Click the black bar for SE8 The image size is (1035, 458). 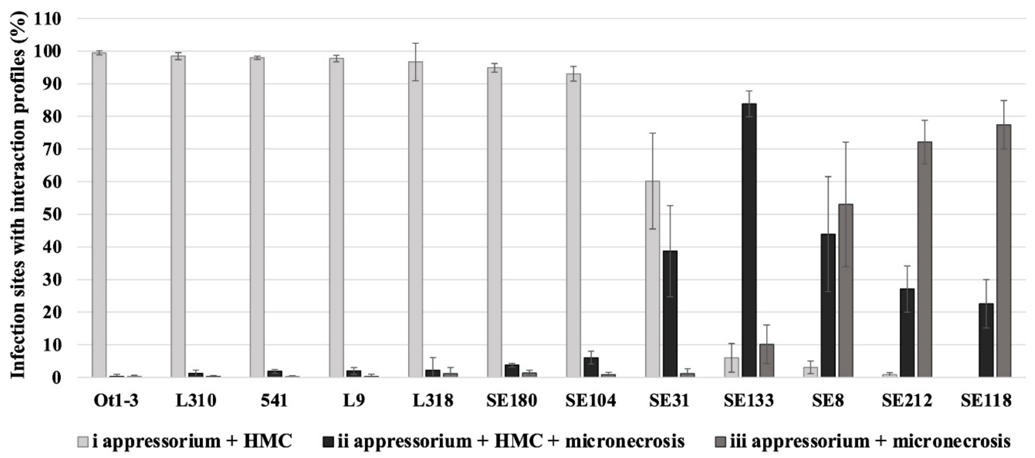828,305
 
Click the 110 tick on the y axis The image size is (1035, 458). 47,19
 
